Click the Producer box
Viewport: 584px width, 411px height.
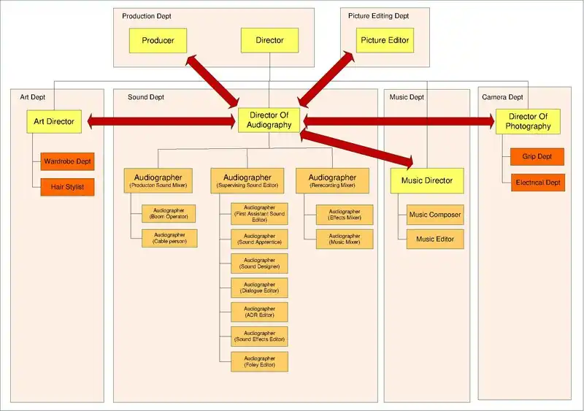pyautogui.click(x=158, y=40)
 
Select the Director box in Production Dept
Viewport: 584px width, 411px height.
pyautogui.click(x=269, y=40)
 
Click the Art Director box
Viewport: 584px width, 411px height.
pyautogui.click(x=54, y=122)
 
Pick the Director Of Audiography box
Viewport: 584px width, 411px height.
pyautogui.click(x=270, y=120)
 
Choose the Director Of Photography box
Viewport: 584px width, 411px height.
pyautogui.click(x=528, y=121)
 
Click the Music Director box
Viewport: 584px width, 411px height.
pyautogui.click(x=427, y=180)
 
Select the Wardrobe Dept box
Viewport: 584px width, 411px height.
pyautogui.click(x=68, y=161)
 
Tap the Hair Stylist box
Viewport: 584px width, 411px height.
pyautogui.click(x=68, y=187)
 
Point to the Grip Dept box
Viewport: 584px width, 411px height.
pyautogui.click(x=537, y=156)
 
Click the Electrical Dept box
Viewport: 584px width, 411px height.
pyautogui.click(x=537, y=182)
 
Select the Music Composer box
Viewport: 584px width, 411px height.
pyautogui.click(x=435, y=215)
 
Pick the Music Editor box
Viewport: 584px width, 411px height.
pyautogui.click(x=435, y=239)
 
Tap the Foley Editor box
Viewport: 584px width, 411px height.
pyautogui.click(x=259, y=361)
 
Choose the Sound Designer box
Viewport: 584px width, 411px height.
pyautogui.click(x=259, y=263)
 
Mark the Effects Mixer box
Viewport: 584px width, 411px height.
pyautogui.click(x=344, y=215)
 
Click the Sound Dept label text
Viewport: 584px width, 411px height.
pyautogui.click(x=146, y=97)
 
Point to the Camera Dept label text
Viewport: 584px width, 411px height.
pyautogui.click(x=502, y=97)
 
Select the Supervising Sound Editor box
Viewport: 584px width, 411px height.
pyautogui.click(x=247, y=180)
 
